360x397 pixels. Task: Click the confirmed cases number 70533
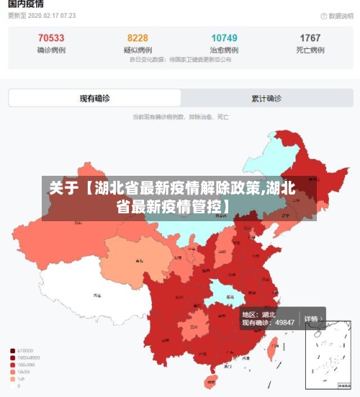50,38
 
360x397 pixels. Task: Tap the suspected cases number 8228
138,38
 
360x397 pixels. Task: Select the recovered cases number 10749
224,38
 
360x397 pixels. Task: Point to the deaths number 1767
310,38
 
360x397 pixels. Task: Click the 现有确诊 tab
94,98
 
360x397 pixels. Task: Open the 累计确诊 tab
266,98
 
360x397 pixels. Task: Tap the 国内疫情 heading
26,4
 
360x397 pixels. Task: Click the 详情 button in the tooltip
311,318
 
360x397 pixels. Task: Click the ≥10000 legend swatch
13,351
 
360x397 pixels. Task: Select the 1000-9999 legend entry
27,358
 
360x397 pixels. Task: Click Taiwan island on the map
272,349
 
